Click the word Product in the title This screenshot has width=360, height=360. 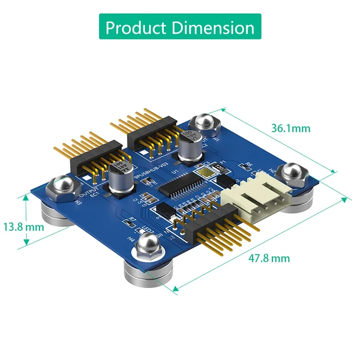[135, 28]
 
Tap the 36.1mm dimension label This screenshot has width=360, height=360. [290, 128]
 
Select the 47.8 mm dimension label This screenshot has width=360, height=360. [269, 258]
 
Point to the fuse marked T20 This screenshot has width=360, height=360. [219, 167]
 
